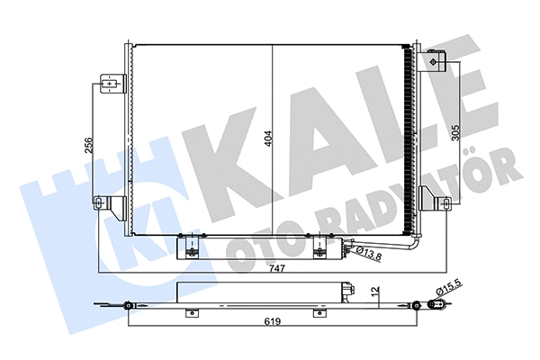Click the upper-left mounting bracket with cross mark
109,85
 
